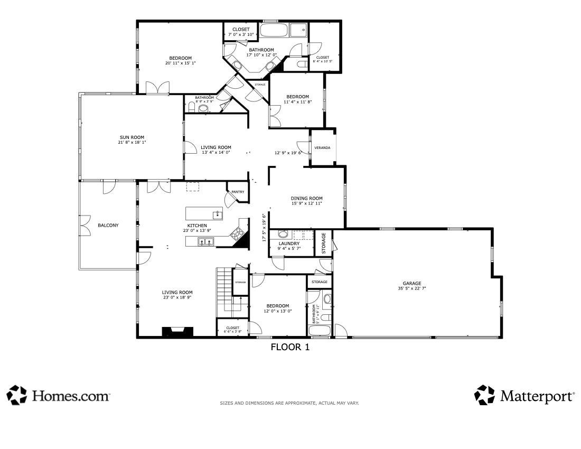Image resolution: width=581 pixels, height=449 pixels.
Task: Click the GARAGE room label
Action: click(412, 284)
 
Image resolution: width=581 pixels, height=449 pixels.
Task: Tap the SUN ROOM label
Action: click(132, 137)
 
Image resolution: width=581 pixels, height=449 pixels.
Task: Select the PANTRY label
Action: click(238, 192)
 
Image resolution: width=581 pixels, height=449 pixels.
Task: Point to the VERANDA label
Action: click(322, 148)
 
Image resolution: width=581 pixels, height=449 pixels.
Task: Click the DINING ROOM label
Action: click(307, 198)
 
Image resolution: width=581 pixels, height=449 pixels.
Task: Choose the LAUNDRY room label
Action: click(289, 244)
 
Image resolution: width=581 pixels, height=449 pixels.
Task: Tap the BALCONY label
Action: click(108, 225)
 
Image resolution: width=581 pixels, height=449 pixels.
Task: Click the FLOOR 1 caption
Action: click(290, 347)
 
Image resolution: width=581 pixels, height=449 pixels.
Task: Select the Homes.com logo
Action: click(59, 395)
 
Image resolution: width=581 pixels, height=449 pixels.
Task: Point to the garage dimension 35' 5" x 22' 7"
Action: click(412, 288)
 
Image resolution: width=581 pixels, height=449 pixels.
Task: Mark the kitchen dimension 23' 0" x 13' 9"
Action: click(197, 230)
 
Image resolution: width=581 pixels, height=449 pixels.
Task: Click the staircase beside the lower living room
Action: click(232, 293)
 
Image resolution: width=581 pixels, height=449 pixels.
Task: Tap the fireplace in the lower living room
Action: click(178, 332)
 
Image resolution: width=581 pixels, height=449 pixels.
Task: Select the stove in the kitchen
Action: click(237, 233)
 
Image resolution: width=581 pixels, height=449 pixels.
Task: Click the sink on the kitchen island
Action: click(218, 215)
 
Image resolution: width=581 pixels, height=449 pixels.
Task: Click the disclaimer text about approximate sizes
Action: click(289, 403)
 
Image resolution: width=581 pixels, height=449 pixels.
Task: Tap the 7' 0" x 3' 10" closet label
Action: click(241, 32)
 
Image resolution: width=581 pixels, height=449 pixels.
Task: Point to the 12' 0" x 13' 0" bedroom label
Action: click(278, 308)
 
